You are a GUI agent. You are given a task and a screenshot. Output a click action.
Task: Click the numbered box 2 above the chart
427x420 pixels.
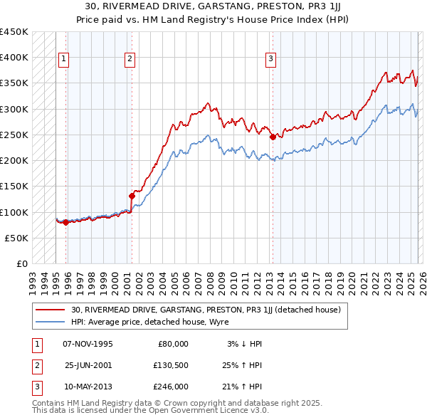click(x=130, y=59)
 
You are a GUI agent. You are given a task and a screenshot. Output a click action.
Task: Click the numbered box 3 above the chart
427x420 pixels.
click(x=271, y=59)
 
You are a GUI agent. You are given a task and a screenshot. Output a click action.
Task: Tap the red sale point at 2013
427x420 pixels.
click(x=273, y=137)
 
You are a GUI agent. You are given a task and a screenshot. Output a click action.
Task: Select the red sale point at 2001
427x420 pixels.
click(x=132, y=196)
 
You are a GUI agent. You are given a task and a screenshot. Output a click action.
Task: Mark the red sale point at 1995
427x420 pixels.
click(x=65, y=222)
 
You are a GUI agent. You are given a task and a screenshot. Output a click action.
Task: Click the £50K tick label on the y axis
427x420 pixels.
click(x=16, y=238)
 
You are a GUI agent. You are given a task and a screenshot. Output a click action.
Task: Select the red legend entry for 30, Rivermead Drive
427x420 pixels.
click(x=206, y=310)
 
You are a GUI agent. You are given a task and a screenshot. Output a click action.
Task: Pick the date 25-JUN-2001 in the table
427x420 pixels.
click(x=88, y=365)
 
